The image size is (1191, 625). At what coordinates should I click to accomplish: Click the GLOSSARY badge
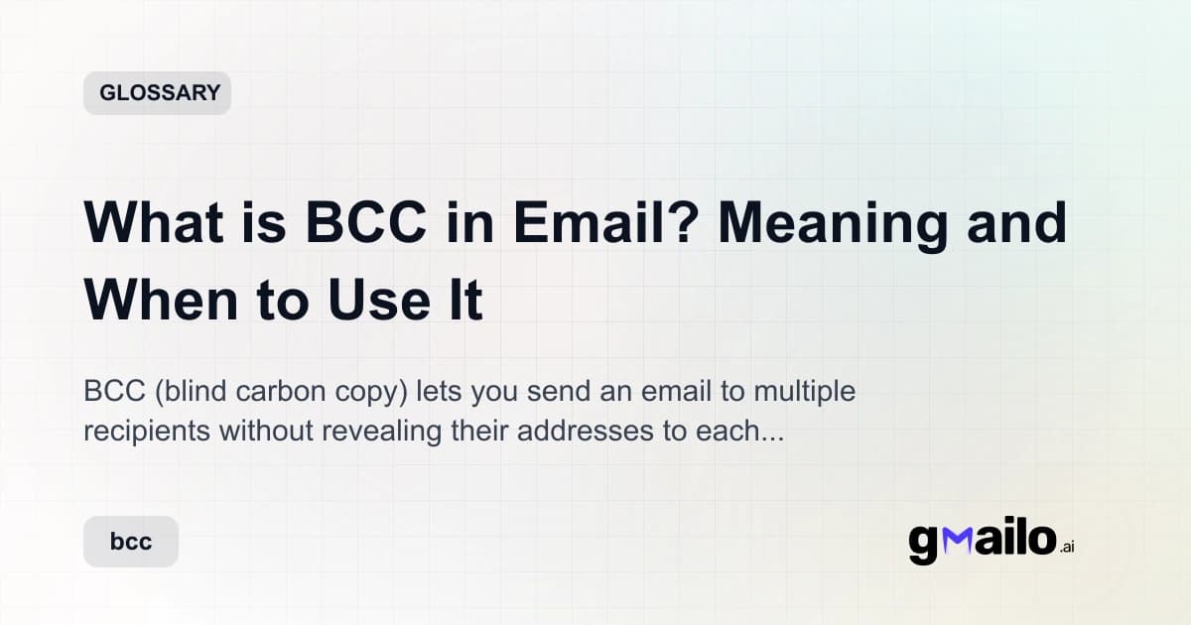(x=157, y=93)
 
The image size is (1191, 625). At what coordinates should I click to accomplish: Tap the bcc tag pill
(x=131, y=542)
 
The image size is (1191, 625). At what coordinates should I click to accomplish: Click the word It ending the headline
(x=463, y=301)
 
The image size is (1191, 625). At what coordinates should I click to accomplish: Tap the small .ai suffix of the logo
(x=1066, y=548)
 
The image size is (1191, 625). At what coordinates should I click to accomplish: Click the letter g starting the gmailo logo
(x=923, y=545)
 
